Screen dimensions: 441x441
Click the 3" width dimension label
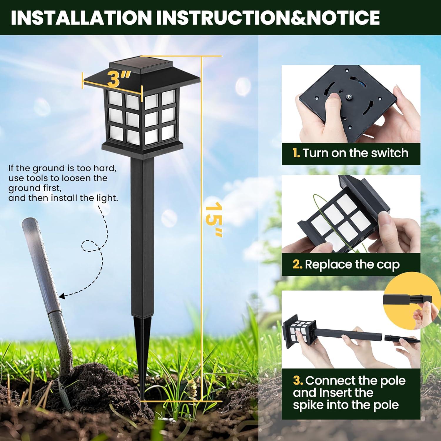[118, 79]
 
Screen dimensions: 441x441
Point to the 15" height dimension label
[214, 219]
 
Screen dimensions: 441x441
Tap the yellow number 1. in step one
[296, 153]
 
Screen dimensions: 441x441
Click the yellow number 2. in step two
[298, 264]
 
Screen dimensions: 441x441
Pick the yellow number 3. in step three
[298, 380]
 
